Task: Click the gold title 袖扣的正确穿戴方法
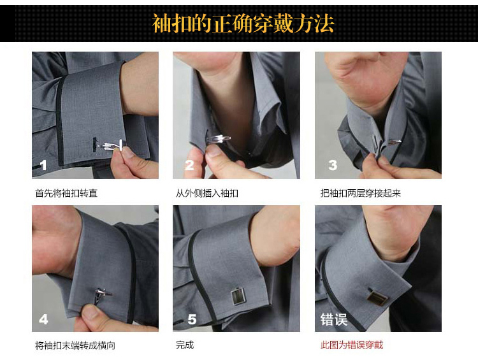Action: coord(243,23)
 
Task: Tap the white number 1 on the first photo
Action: coord(43,165)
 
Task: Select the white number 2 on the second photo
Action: coord(189,165)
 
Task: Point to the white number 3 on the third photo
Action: coord(333,165)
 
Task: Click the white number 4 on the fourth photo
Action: coord(43,319)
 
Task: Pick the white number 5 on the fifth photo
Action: coord(192,319)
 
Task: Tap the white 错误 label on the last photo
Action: coord(334,320)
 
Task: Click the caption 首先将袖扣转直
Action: coord(66,193)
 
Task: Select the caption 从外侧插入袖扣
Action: coord(206,193)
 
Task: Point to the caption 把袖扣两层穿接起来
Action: coord(360,193)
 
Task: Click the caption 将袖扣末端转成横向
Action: coord(75,345)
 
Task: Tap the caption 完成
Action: coord(185,345)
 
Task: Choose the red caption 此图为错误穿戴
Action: coord(351,345)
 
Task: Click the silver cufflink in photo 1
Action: coord(112,145)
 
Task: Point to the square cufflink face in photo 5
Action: coord(238,296)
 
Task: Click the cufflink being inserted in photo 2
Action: coord(219,139)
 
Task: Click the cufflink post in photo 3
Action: coord(395,141)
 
